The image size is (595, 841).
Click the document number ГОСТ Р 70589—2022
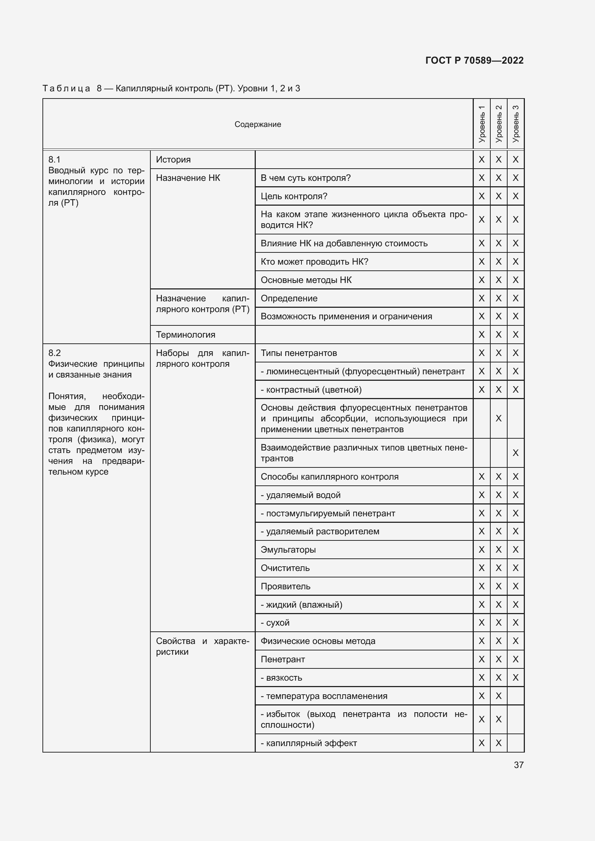point(474,60)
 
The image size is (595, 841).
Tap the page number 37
point(518,765)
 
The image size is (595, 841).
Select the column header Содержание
point(258,124)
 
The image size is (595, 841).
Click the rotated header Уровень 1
point(481,124)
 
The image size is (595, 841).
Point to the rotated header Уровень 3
point(515,124)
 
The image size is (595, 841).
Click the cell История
point(173,160)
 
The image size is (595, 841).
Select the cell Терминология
point(185,335)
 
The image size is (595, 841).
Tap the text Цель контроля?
point(294,196)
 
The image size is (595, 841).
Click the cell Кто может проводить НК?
point(314,262)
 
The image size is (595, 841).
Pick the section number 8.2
point(55,353)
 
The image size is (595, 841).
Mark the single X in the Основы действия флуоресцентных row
point(498,418)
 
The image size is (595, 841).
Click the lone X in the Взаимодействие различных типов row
point(515,453)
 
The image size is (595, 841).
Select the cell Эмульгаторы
point(288,550)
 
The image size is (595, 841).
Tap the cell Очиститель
point(285,568)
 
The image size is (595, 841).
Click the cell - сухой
point(275,623)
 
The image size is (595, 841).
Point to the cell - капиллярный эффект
point(309,743)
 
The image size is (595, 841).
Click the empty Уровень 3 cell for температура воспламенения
point(515,696)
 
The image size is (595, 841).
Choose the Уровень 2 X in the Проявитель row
point(498,586)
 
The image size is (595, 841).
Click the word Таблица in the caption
point(66,89)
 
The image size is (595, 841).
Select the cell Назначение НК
point(188,178)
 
